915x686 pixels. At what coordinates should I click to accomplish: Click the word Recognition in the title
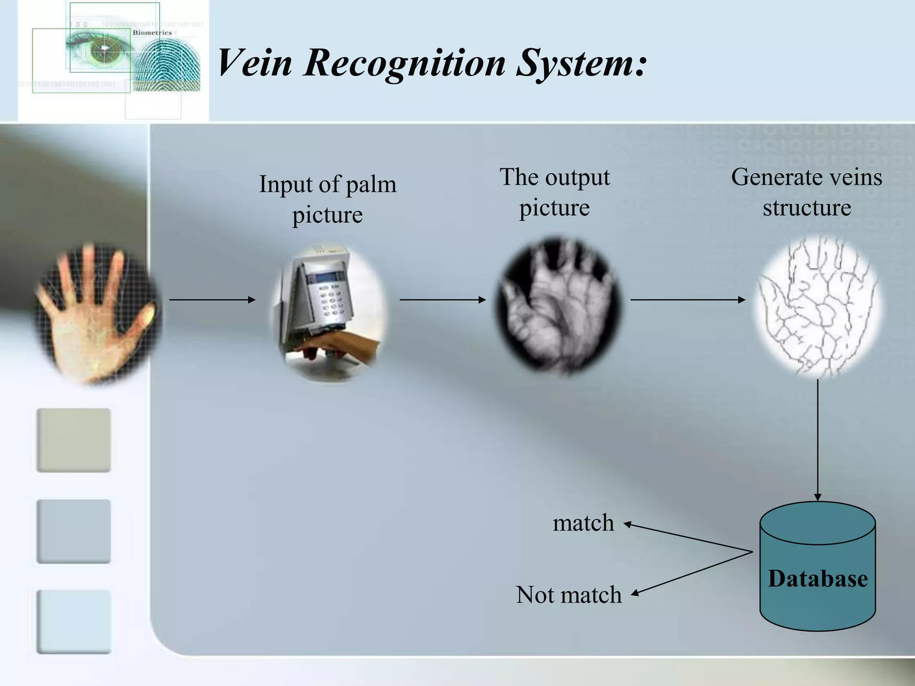404,63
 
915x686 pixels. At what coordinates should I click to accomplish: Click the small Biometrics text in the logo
152,33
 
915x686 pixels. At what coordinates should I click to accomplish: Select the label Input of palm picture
327,199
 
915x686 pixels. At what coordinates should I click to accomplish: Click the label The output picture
554,192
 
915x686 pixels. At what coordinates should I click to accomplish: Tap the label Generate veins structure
806,192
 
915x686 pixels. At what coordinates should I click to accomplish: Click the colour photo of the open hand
96,313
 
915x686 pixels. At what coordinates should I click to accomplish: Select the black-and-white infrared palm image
558,306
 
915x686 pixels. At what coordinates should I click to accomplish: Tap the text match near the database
583,523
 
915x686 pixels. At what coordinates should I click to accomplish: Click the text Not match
568,595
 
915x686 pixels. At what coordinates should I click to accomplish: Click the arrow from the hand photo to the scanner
212,300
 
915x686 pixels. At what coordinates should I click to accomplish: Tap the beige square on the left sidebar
74,440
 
